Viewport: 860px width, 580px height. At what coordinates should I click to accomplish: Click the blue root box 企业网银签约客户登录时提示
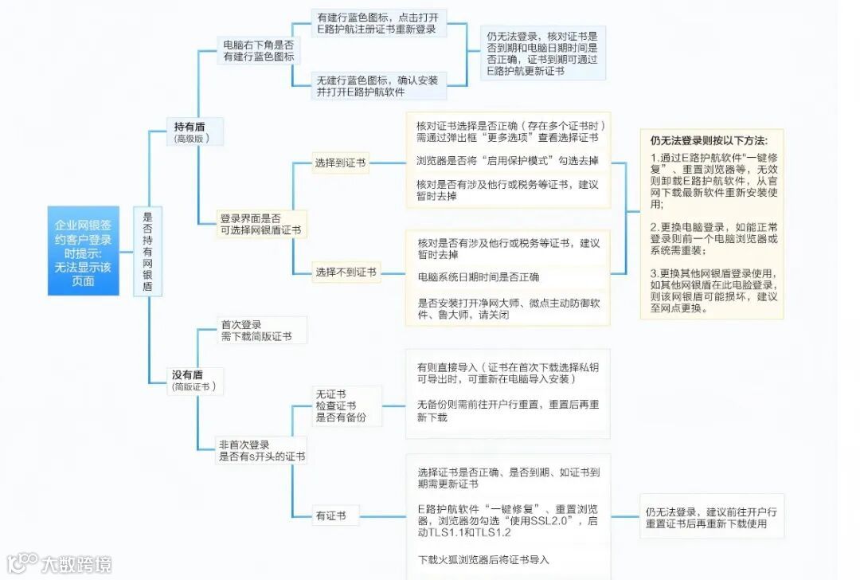tap(83, 251)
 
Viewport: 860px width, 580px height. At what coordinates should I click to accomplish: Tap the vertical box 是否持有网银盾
tap(147, 251)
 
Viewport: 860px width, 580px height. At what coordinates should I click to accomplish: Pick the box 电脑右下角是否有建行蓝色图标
tap(258, 51)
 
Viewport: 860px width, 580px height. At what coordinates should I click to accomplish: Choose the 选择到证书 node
tap(340, 163)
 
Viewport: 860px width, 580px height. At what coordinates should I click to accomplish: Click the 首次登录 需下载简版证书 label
tap(255, 331)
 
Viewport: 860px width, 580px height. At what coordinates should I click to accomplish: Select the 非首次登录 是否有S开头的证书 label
tap(261, 450)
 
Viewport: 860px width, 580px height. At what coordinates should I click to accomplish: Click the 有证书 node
tap(330, 515)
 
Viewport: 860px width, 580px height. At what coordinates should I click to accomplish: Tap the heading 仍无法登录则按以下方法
tap(710, 139)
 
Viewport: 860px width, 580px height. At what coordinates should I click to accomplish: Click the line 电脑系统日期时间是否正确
tap(478, 277)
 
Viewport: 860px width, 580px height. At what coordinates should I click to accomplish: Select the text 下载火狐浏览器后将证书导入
tap(483, 559)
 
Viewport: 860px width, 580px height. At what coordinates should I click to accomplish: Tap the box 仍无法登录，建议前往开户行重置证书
tap(711, 517)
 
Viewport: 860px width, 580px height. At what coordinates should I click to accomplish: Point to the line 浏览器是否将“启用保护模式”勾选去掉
tap(507, 160)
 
